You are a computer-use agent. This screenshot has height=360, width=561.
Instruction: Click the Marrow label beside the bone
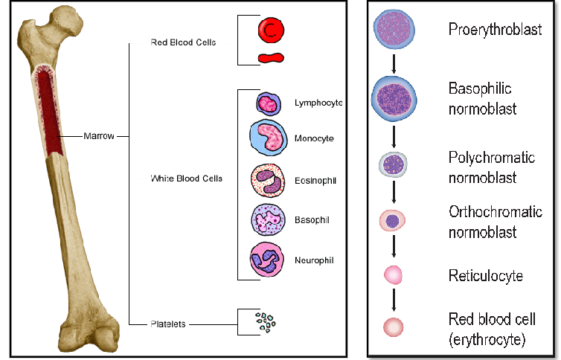point(98,137)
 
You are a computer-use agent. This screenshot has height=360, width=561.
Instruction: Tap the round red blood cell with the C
point(271,30)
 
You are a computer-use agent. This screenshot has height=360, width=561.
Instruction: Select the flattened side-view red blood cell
point(271,57)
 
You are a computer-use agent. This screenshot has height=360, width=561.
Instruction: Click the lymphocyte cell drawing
point(267,103)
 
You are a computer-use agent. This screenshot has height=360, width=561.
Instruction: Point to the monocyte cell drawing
point(269,138)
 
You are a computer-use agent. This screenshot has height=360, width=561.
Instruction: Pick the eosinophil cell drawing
point(269,181)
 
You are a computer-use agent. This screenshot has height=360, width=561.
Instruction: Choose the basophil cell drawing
point(269,220)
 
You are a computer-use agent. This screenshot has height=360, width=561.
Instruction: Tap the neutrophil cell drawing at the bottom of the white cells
point(269,260)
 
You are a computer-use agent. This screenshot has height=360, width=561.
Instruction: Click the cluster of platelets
point(264,322)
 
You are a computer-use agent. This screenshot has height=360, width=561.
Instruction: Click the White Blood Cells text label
point(186,179)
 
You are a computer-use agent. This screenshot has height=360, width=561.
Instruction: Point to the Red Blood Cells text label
point(183,42)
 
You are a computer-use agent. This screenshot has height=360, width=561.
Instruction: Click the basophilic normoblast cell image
point(394,99)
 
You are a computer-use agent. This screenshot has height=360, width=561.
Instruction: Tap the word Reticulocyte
point(485,276)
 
